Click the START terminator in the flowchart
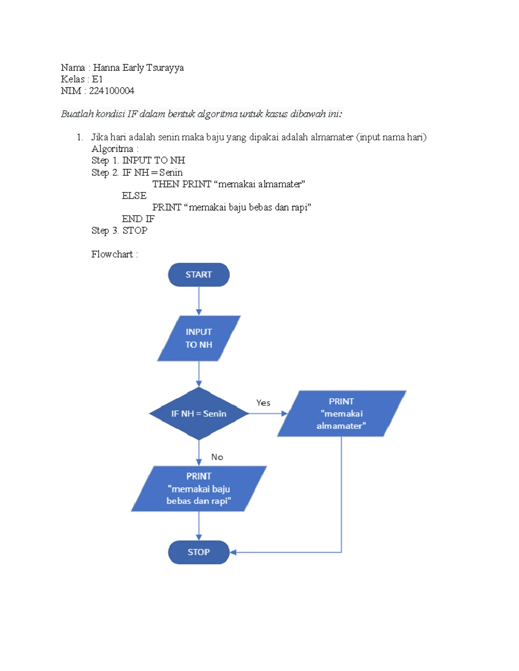click(x=199, y=275)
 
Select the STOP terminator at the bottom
click(x=199, y=552)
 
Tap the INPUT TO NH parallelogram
click(x=199, y=338)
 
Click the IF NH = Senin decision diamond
click(x=199, y=413)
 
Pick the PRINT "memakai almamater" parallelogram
click(x=341, y=413)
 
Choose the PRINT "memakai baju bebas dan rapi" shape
click(x=199, y=489)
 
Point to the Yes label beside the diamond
click(x=263, y=403)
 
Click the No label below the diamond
click(x=217, y=457)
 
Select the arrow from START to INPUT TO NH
click(x=199, y=301)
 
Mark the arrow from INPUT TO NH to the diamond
click(x=199, y=374)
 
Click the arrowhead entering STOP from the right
click(x=233, y=552)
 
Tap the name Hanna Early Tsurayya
click(x=138, y=67)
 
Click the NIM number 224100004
click(x=112, y=91)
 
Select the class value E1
click(x=97, y=79)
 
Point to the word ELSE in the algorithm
click(x=134, y=196)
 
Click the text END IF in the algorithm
click(x=138, y=219)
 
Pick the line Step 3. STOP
click(x=119, y=230)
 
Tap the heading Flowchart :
click(x=115, y=254)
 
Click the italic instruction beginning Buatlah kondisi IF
click(x=201, y=114)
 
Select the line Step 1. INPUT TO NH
click(x=138, y=160)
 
